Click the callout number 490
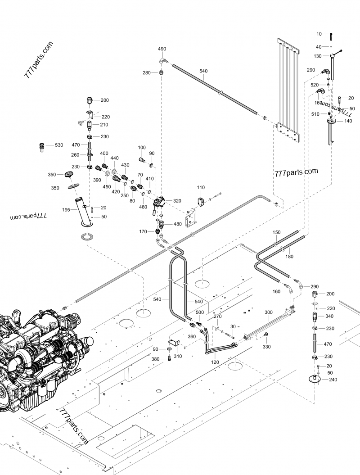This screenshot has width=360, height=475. click(162, 49)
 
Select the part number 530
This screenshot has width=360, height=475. click(59, 145)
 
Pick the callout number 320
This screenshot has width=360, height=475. click(177, 201)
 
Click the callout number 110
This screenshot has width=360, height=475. click(200, 187)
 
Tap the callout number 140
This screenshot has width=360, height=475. click(348, 121)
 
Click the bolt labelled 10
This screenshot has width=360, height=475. click(331, 35)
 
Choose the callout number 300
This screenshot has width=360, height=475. click(268, 312)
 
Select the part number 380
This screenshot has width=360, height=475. click(156, 359)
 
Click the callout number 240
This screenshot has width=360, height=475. click(333, 380)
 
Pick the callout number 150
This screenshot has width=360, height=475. click(276, 232)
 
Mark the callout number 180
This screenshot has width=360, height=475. click(289, 256)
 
